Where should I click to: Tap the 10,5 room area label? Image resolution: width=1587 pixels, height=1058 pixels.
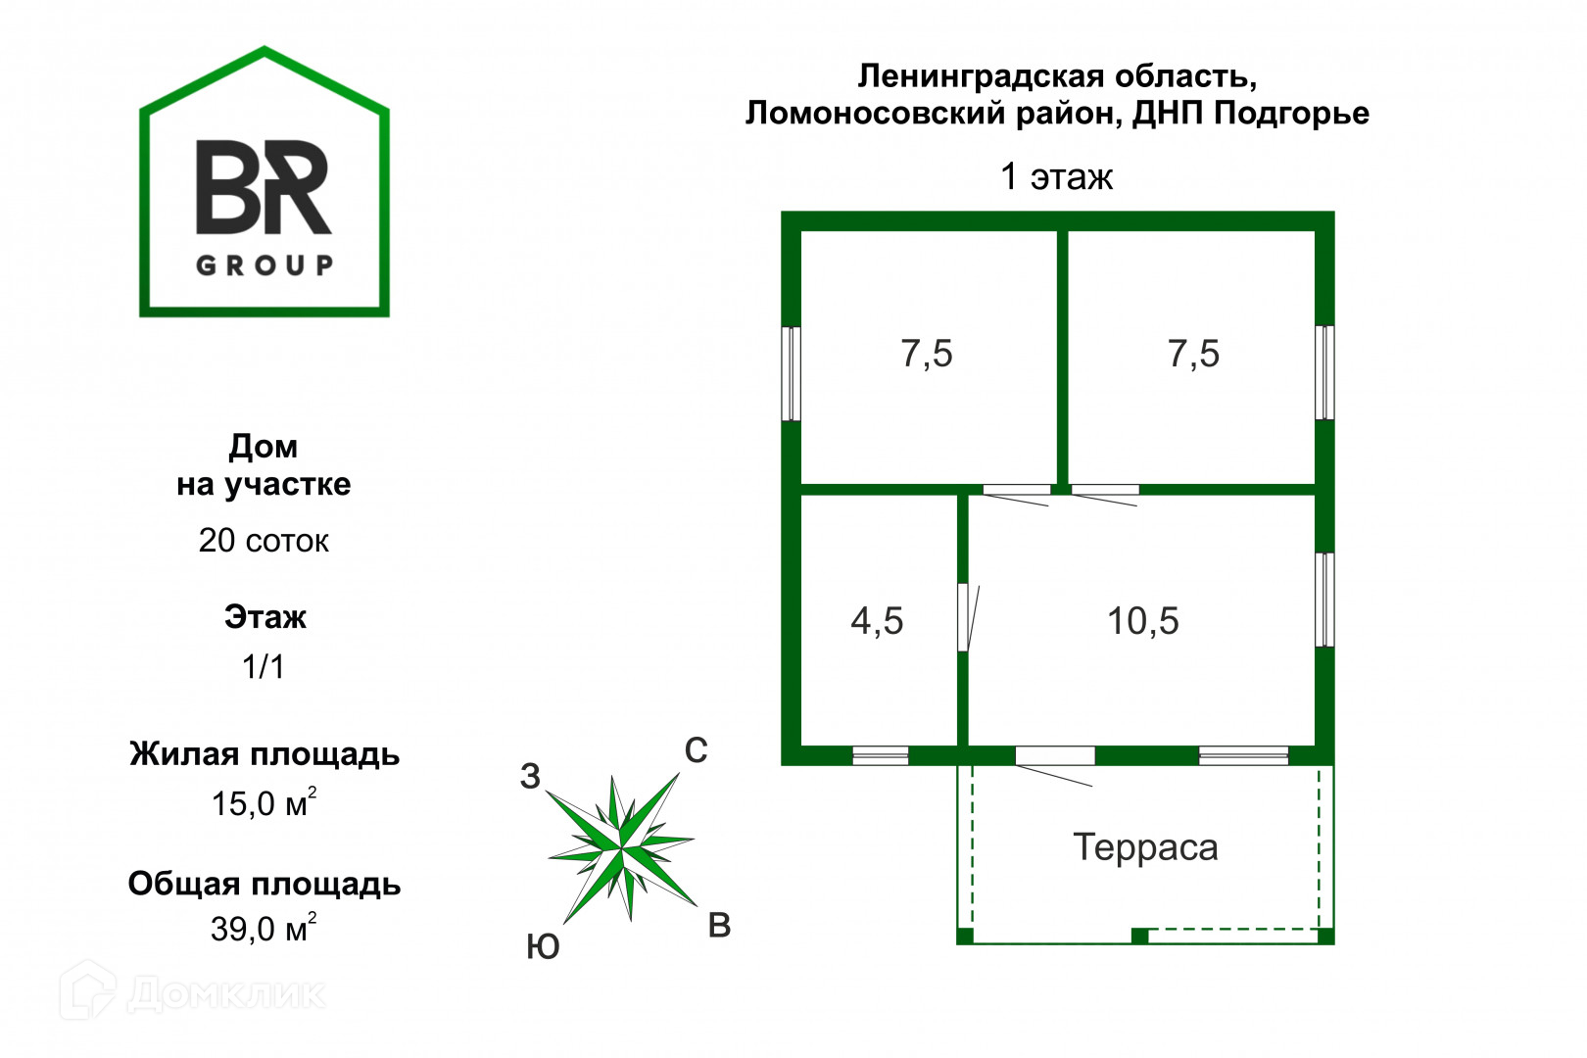pos(1142,621)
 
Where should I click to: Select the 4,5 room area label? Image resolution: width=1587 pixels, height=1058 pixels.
pos(877,621)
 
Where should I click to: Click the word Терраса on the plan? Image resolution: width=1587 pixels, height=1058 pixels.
pos(1145,847)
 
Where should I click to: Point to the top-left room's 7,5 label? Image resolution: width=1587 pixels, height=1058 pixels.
pos(926,354)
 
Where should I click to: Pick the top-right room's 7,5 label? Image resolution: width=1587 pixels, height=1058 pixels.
pos(1193,354)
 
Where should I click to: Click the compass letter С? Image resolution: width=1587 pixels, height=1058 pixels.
pos(696,750)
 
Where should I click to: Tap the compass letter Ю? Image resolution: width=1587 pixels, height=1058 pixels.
pos(543,947)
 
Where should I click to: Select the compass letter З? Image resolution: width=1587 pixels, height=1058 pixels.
pos(530,777)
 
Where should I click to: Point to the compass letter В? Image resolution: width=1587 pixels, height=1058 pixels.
pos(719,926)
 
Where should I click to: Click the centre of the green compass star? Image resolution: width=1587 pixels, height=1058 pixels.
pos(622,848)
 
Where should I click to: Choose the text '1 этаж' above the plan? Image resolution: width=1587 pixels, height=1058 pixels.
pos(1056,177)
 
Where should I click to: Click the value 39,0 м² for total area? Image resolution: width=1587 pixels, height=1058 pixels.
pos(263,928)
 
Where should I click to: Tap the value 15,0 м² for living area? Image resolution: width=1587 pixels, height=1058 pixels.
pos(263,803)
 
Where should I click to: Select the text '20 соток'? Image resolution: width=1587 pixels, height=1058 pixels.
pos(264,541)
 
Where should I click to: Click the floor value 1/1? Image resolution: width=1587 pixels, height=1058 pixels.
pos(264,667)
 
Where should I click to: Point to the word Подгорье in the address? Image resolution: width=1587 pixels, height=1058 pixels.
pos(1291,114)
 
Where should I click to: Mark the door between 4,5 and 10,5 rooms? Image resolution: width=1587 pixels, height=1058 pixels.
pos(964,617)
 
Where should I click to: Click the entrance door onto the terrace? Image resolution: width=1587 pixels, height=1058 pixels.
pos(1054,756)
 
